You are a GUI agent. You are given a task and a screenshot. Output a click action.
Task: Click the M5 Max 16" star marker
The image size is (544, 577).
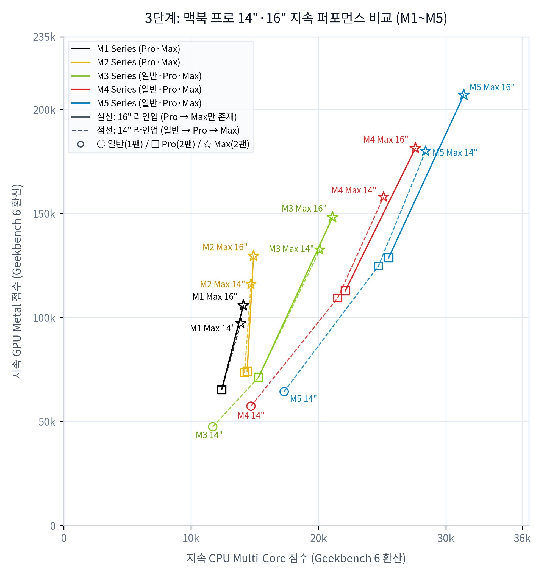pos(463,95)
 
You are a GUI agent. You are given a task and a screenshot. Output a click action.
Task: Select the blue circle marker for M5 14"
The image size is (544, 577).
pos(284,392)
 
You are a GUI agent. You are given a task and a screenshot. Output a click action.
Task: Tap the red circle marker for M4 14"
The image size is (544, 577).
pos(251,406)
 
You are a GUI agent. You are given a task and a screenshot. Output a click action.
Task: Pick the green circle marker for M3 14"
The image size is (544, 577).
pos(212,427)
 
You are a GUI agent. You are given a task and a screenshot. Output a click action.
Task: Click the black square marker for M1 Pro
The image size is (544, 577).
pos(221,390)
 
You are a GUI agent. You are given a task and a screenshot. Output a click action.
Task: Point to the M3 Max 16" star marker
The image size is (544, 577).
pos(332,217)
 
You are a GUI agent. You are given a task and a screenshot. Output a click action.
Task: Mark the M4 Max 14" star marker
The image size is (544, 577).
pos(384,196)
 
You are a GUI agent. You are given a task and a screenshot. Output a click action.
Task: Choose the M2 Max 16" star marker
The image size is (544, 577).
pos(253,256)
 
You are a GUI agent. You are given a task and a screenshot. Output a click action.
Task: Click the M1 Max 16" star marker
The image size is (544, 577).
pos(243,305)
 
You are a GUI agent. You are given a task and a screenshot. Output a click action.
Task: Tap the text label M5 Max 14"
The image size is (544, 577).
pos(455,153)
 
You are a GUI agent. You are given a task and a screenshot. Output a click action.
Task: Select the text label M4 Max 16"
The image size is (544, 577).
pos(385,139)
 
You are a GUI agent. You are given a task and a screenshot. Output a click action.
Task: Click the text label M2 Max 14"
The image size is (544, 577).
pos(222,284)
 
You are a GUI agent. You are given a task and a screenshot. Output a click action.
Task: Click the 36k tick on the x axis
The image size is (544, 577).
pos(522,539)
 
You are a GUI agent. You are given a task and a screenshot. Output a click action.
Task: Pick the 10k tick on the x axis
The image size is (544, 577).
pos(191,539)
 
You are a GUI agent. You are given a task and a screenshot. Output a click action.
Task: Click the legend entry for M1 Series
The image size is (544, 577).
pos(126,48)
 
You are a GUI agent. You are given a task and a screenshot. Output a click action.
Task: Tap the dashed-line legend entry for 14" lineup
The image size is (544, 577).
pos(155,130)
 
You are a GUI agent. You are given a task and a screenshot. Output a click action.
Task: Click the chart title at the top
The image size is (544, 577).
pos(296,18)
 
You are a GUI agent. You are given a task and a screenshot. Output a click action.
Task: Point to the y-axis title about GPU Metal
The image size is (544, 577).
pos(17,281)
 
